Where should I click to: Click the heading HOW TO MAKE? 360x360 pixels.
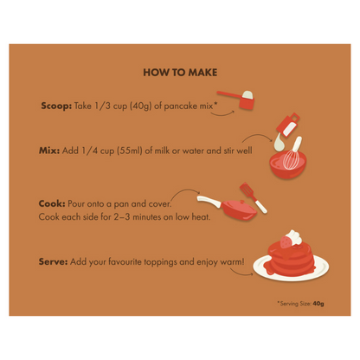(x=180, y=72)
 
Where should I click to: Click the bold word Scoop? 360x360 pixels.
(x=56, y=106)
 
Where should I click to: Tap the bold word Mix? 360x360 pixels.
(x=49, y=151)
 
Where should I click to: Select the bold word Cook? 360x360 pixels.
(x=52, y=203)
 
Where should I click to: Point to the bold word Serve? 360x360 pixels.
(x=53, y=261)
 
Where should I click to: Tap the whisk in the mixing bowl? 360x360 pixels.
(x=292, y=154)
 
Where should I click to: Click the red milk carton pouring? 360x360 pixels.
(x=287, y=125)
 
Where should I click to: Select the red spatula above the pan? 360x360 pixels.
(x=253, y=197)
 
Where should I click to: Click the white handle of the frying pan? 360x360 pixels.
(x=209, y=201)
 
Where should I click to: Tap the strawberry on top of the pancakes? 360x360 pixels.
(x=286, y=241)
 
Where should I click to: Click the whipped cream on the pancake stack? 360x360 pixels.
(x=295, y=237)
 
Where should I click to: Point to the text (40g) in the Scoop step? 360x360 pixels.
(x=141, y=106)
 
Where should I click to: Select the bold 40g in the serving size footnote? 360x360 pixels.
(x=318, y=304)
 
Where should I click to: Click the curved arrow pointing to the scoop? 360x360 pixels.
(x=222, y=113)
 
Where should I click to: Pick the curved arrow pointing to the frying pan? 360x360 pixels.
(x=184, y=191)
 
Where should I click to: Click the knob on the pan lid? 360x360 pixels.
(x=241, y=202)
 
